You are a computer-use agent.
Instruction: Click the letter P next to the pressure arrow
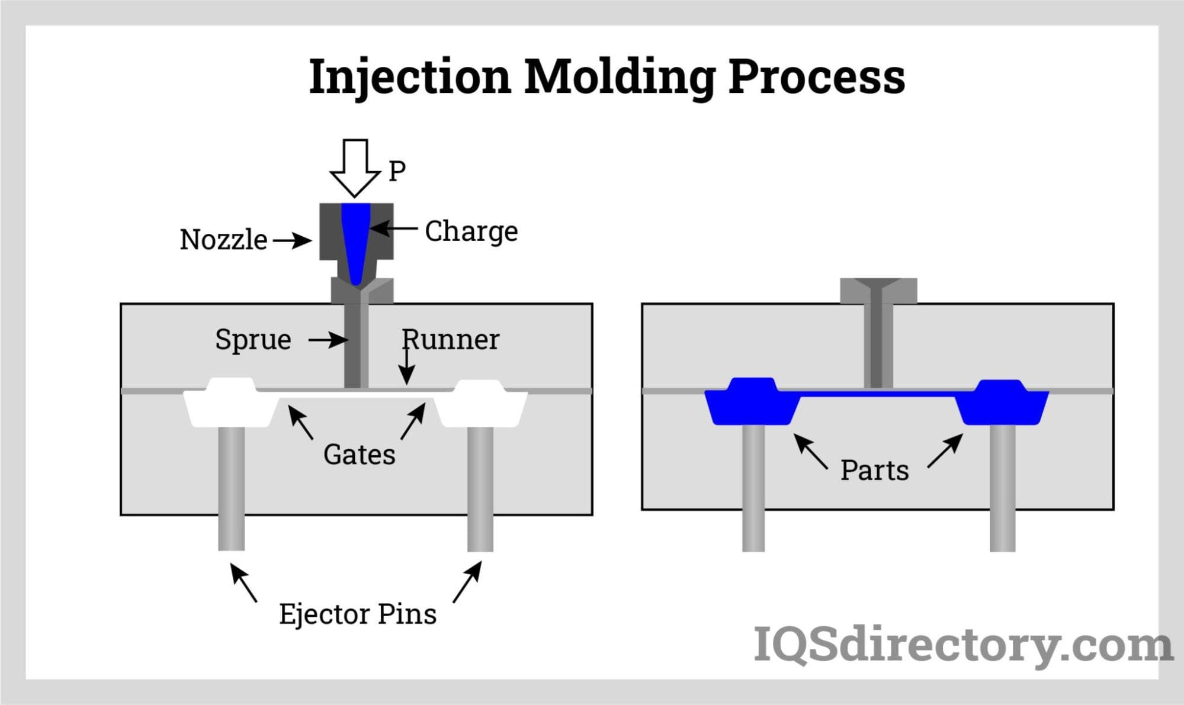click(x=397, y=171)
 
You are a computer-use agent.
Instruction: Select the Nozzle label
click(x=223, y=240)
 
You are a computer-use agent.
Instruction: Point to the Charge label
click(x=471, y=231)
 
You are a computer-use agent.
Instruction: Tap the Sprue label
click(x=253, y=340)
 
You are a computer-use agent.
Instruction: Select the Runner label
click(x=451, y=340)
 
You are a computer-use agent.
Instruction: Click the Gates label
click(x=359, y=455)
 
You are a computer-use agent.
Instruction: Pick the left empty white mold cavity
click(x=231, y=405)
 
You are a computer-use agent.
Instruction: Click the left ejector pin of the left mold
click(x=231, y=488)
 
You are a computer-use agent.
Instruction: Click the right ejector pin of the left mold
click(x=480, y=488)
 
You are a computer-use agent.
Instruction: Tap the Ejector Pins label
click(x=358, y=614)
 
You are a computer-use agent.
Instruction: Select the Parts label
click(x=874, y=471)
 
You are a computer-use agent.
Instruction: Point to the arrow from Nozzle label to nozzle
click(x=292, y=240)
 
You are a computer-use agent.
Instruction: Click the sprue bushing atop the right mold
click(x=878, y=291)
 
